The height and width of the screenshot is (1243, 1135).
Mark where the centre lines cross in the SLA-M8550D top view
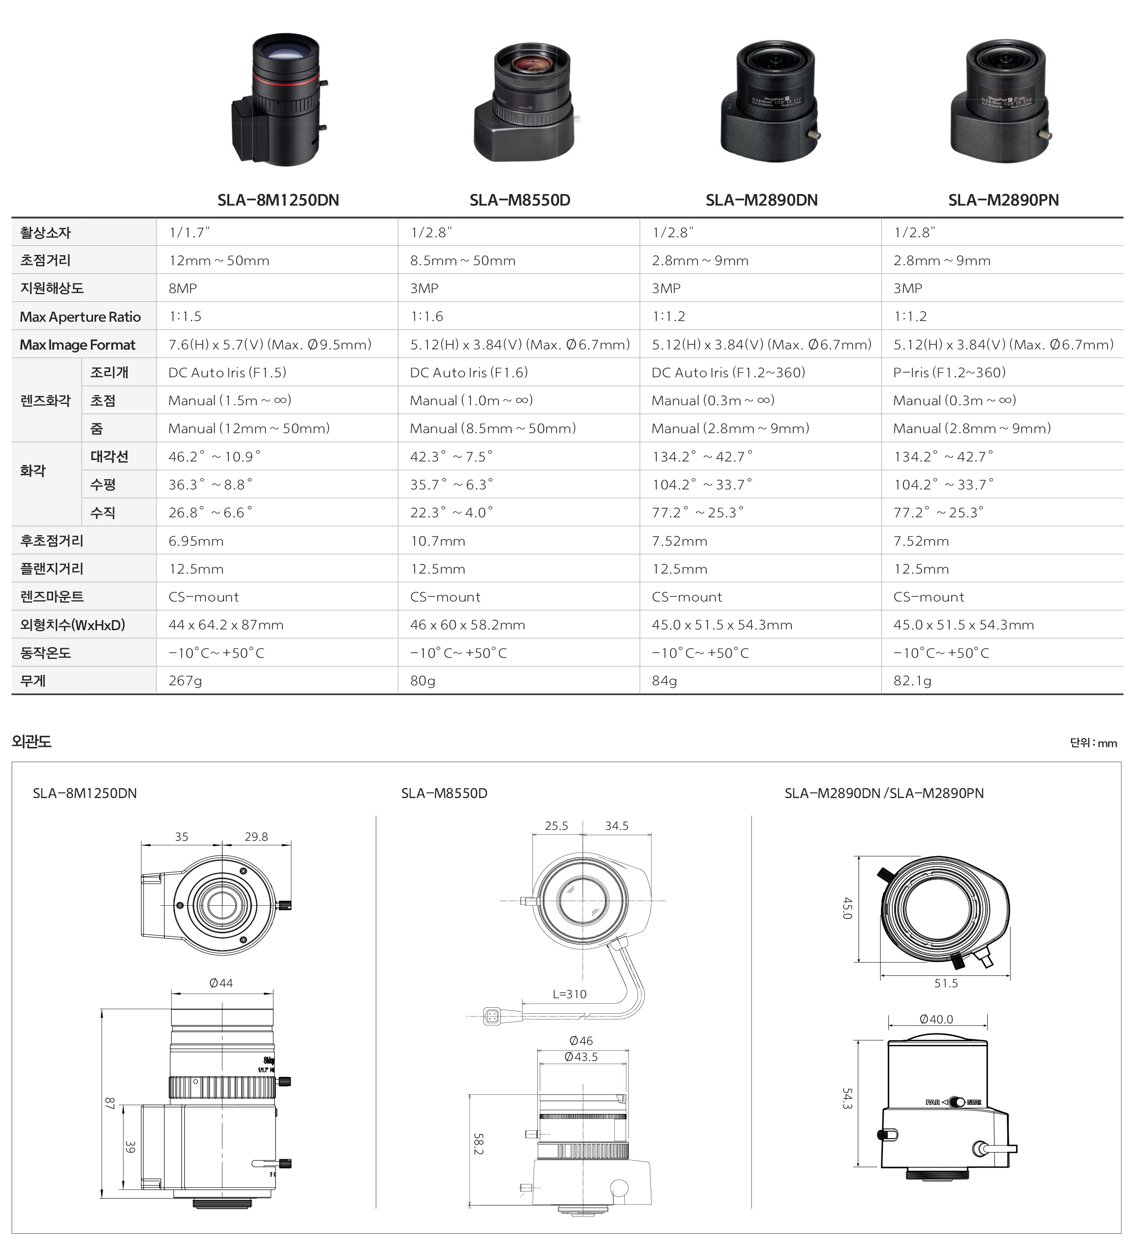[583, 901]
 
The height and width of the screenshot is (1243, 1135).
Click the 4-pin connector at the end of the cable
[492, 1016]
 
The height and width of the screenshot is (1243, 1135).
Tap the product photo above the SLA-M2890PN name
[1000, 101]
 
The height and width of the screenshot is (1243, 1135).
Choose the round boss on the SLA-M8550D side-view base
[618, 1187]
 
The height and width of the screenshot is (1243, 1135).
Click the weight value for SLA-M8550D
[423, 681]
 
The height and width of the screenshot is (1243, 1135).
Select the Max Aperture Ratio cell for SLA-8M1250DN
[185, 316]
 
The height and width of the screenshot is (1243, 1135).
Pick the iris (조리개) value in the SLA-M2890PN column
[949, 373]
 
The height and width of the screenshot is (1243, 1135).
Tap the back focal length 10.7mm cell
[438, 541]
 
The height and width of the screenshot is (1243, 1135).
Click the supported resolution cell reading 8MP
[183, 288]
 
